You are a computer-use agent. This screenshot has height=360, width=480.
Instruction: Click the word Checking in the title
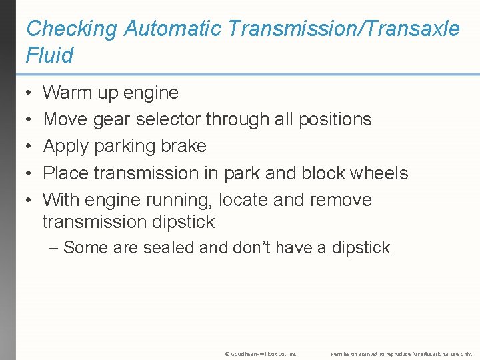[71, 29]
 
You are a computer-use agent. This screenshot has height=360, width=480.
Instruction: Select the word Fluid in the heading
[49, 55]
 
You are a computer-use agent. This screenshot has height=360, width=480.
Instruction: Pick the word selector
[169, 119]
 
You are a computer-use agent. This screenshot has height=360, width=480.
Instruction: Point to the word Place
[66, 173]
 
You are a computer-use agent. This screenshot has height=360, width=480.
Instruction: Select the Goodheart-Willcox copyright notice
[261, 353]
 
